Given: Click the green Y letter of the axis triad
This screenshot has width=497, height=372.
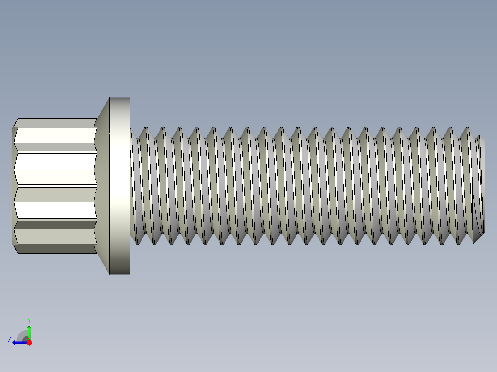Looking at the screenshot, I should click(29, 320).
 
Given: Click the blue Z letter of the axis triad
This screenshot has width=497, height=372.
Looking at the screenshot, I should click(9, 340).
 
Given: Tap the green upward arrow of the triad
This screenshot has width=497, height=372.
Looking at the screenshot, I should click(29, 331).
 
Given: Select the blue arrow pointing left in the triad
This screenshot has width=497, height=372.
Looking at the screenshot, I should click(18, 343).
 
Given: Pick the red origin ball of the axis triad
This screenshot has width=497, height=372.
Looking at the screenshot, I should click(29, 343).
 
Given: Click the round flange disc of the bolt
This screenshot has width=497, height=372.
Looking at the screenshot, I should click(120, 186).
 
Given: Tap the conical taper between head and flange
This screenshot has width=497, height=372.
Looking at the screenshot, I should click(102, 186).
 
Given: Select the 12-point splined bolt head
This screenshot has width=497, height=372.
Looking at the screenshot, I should click(55, 186).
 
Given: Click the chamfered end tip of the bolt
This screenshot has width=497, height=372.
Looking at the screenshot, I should click(482, 186).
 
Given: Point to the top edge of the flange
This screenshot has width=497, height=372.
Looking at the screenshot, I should click(120, 98).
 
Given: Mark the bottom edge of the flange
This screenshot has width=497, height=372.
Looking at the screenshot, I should click(120, 274).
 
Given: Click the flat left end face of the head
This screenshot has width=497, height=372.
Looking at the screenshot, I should click(13, 186).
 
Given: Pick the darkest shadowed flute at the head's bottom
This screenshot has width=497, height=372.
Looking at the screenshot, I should click(55, 249).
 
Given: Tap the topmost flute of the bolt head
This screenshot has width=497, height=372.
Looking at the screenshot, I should click(55, 123).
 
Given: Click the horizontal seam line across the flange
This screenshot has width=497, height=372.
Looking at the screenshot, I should click(120, 186).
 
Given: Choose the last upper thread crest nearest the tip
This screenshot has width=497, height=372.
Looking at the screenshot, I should click(467, 128).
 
